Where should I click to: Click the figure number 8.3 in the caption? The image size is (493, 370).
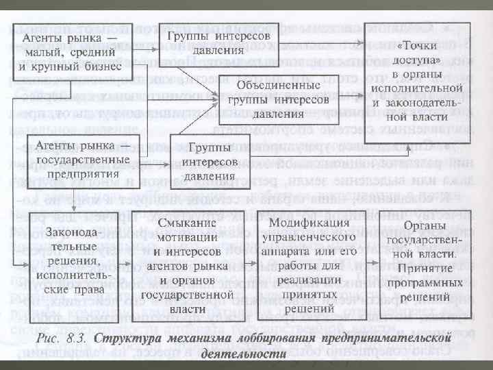click(77, 338)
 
